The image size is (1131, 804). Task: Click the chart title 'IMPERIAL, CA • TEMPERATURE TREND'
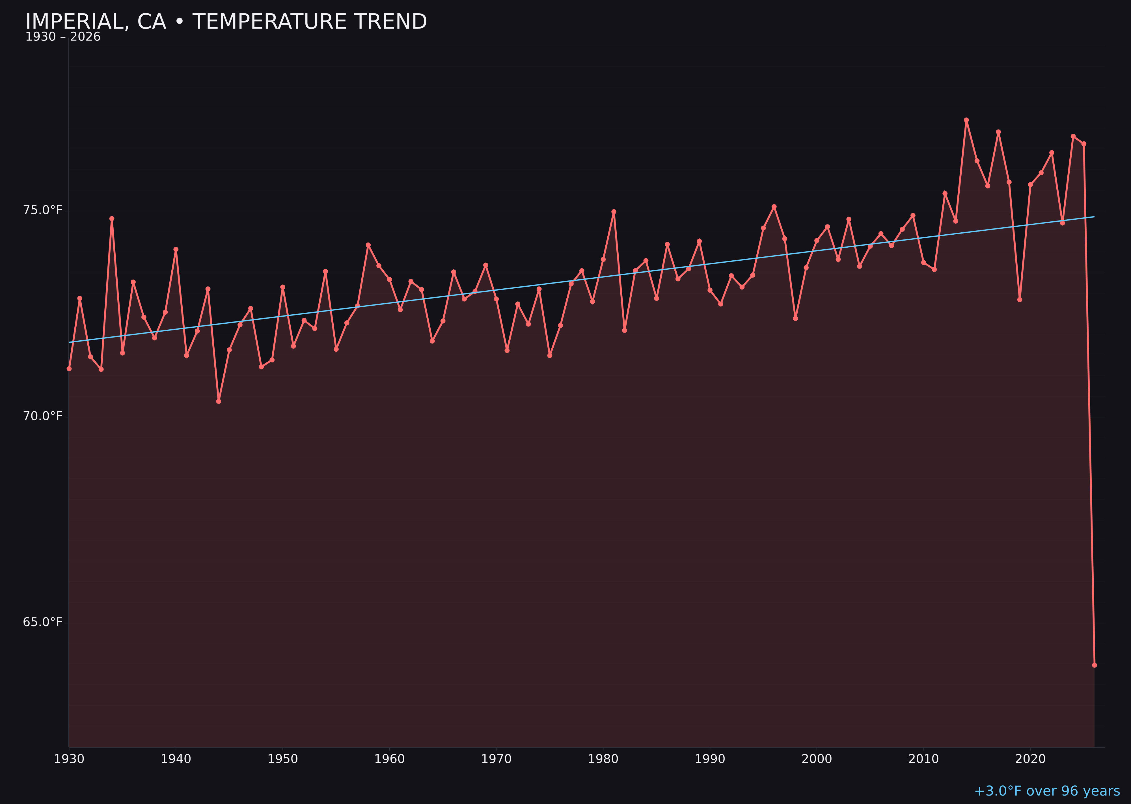tap(226, 22)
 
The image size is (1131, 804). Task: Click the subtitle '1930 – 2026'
tap(63, 37)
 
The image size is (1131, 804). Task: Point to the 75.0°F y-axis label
tap(43, 210)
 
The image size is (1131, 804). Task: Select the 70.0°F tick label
tap(43, 416)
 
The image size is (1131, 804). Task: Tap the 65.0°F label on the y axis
tap(43, 622)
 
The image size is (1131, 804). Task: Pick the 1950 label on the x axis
tap(283, 759)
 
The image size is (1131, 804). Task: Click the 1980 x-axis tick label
tap(603, 759)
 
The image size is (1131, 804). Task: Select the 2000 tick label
tap(817, 759)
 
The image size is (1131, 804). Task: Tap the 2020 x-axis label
tap(1030, 759)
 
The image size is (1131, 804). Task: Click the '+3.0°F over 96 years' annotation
tap(1047, 791)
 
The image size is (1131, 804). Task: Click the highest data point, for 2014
tap(966, 120)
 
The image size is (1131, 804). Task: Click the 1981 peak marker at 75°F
tap(614, 211)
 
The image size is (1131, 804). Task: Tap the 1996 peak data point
tap(774, 206)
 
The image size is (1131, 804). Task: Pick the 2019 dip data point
tap(1020, 299)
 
